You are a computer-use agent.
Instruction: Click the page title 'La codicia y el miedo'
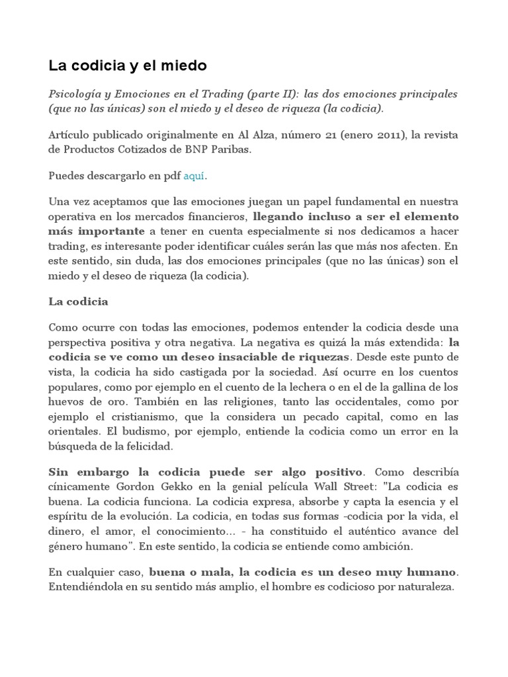point(128,65)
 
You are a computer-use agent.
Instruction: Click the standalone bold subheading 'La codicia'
point(78,301)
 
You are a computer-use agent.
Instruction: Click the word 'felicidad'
point(149,446)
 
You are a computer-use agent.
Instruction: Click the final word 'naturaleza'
point(428,586)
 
